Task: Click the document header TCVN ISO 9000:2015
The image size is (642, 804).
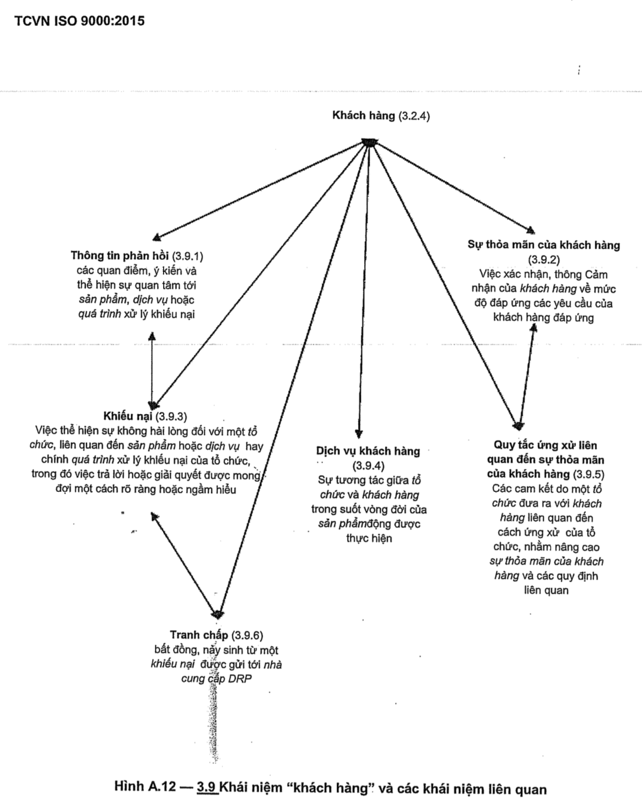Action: click(x=80, y=21)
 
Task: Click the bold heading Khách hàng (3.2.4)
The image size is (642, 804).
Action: click(x=381, y=115)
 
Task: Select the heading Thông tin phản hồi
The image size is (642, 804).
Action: click(x=120, y=256)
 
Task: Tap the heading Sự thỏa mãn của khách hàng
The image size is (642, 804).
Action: click(x=543, y=245)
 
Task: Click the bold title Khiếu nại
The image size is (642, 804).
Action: click(x=128, y=416)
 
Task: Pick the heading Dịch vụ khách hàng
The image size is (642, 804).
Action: click(x=367, y=451)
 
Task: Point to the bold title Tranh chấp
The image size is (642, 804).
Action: click(x=199, y=635)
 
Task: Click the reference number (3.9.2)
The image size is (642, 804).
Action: click(x=543, y=260)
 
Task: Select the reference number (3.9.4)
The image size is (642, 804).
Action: click(x=367, y=466)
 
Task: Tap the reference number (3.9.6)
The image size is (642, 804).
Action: click(x=247, y=636)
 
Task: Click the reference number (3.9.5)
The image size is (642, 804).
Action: click(x=589, y=474)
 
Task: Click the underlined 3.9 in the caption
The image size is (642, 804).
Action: click(x=206, y=788)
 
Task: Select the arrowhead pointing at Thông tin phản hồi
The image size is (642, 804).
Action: click(x=157, y=237)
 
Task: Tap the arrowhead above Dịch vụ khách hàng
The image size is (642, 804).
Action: click(x=359, y=432)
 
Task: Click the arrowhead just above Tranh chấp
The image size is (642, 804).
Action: click(x=218, y=612)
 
